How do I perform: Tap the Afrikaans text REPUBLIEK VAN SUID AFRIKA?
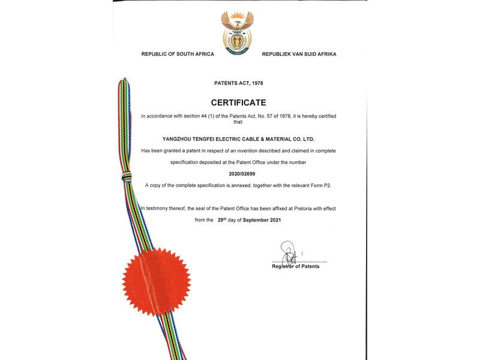(299, 54)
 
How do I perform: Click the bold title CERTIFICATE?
(238, 103)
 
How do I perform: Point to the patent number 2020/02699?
(238, 174)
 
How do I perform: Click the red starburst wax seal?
(157, 281)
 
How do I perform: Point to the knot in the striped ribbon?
(126, 176)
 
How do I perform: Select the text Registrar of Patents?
(296, 266)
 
